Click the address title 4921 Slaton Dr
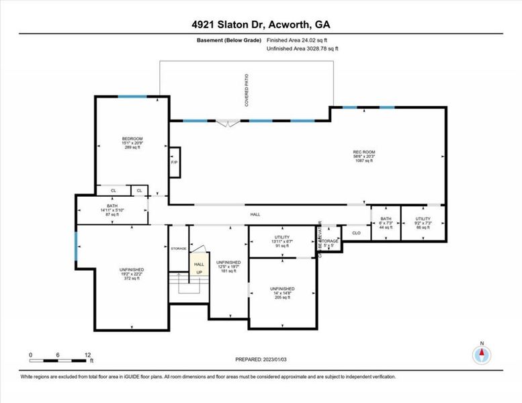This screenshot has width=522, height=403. click(261, 25)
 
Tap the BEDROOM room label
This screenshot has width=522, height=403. click(132, 143)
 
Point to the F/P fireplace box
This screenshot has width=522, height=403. click(174, 163)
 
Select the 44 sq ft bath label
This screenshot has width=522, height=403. click(385, 223)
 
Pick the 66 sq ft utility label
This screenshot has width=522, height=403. click(423, 223)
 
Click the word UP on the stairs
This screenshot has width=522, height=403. click(199, 272)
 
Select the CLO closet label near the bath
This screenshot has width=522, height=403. click(357, 233)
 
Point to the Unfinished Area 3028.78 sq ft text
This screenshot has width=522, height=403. click(302, 48)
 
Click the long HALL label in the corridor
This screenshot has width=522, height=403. click(255, 214)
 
